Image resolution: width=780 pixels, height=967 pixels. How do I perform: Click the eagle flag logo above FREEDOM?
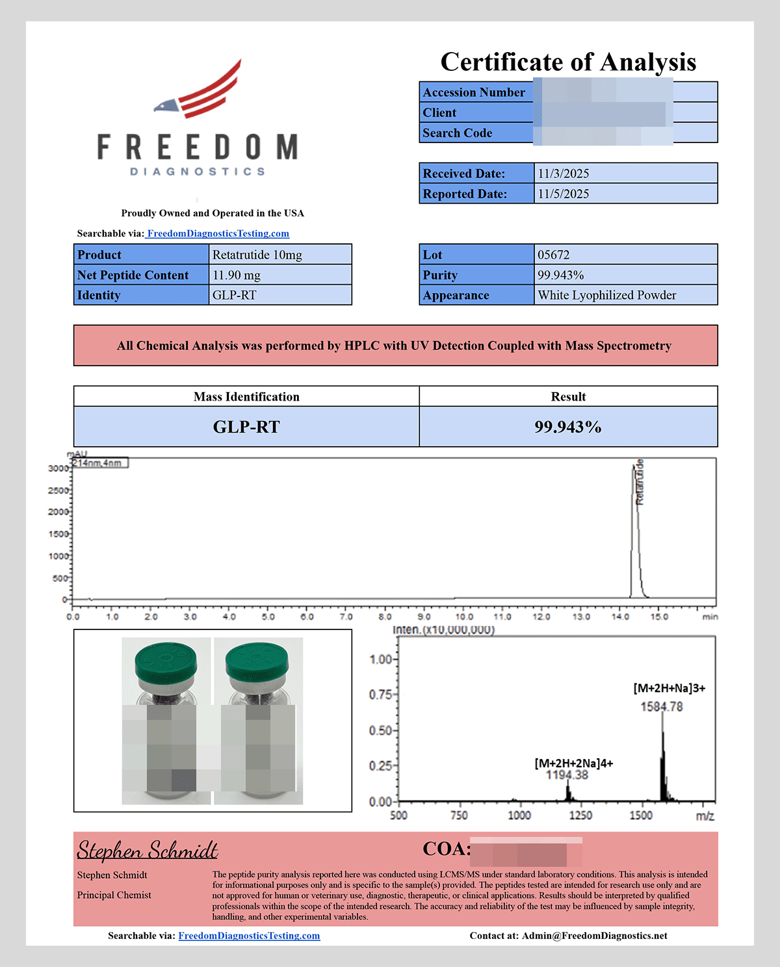pyautogui.click(x=198, y=90)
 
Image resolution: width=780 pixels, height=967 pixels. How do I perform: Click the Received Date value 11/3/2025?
pyautogui.click(x=563, y=174)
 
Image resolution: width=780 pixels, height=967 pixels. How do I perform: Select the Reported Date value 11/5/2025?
pyautogui.click(x=563, y=194)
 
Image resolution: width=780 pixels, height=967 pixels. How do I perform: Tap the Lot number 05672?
pyautogui.click(x=553, y=255)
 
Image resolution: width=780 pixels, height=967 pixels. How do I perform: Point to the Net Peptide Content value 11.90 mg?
pyautogui.click(x=237, y=275)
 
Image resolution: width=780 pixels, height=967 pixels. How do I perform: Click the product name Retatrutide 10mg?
pyautogui.click(x=257, y=255)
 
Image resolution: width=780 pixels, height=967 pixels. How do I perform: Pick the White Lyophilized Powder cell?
pyautogui.click(x=606, y=295)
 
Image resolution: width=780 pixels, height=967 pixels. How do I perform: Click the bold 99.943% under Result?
pyautogui.click(x=567, y=427)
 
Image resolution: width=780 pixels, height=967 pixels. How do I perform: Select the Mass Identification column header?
pyautogui.click(x=246, y=397)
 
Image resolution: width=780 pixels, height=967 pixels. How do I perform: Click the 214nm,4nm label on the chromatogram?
pyautogui.click(x=99, y=463)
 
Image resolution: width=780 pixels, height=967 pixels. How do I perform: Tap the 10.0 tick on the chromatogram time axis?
pyautogui.click(x=463, y=616)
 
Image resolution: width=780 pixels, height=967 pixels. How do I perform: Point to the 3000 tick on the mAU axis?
pyautogui.click(x=58, y=468)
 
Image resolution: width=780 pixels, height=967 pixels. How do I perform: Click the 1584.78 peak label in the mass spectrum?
pyautogui.click(x=661, y=707)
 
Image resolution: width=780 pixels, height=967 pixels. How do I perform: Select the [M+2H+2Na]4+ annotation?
pyautogui.click(x=573, y=763)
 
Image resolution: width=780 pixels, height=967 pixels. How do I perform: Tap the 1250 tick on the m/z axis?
pyautogui.click(x=580, y=815)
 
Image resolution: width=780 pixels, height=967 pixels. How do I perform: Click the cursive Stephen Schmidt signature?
pyautogui.click(x=148, y=850)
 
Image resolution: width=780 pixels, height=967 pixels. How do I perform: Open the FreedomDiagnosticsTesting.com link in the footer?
pyautogui.click(x=249, y=936)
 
